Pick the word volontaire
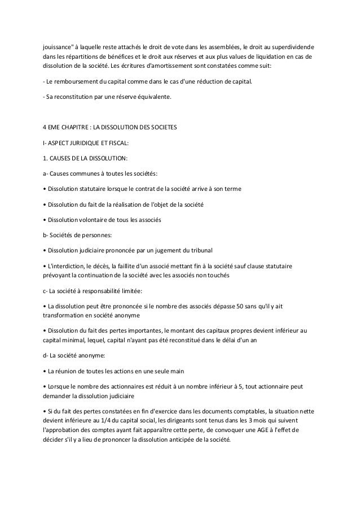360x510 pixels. coord(90,219)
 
